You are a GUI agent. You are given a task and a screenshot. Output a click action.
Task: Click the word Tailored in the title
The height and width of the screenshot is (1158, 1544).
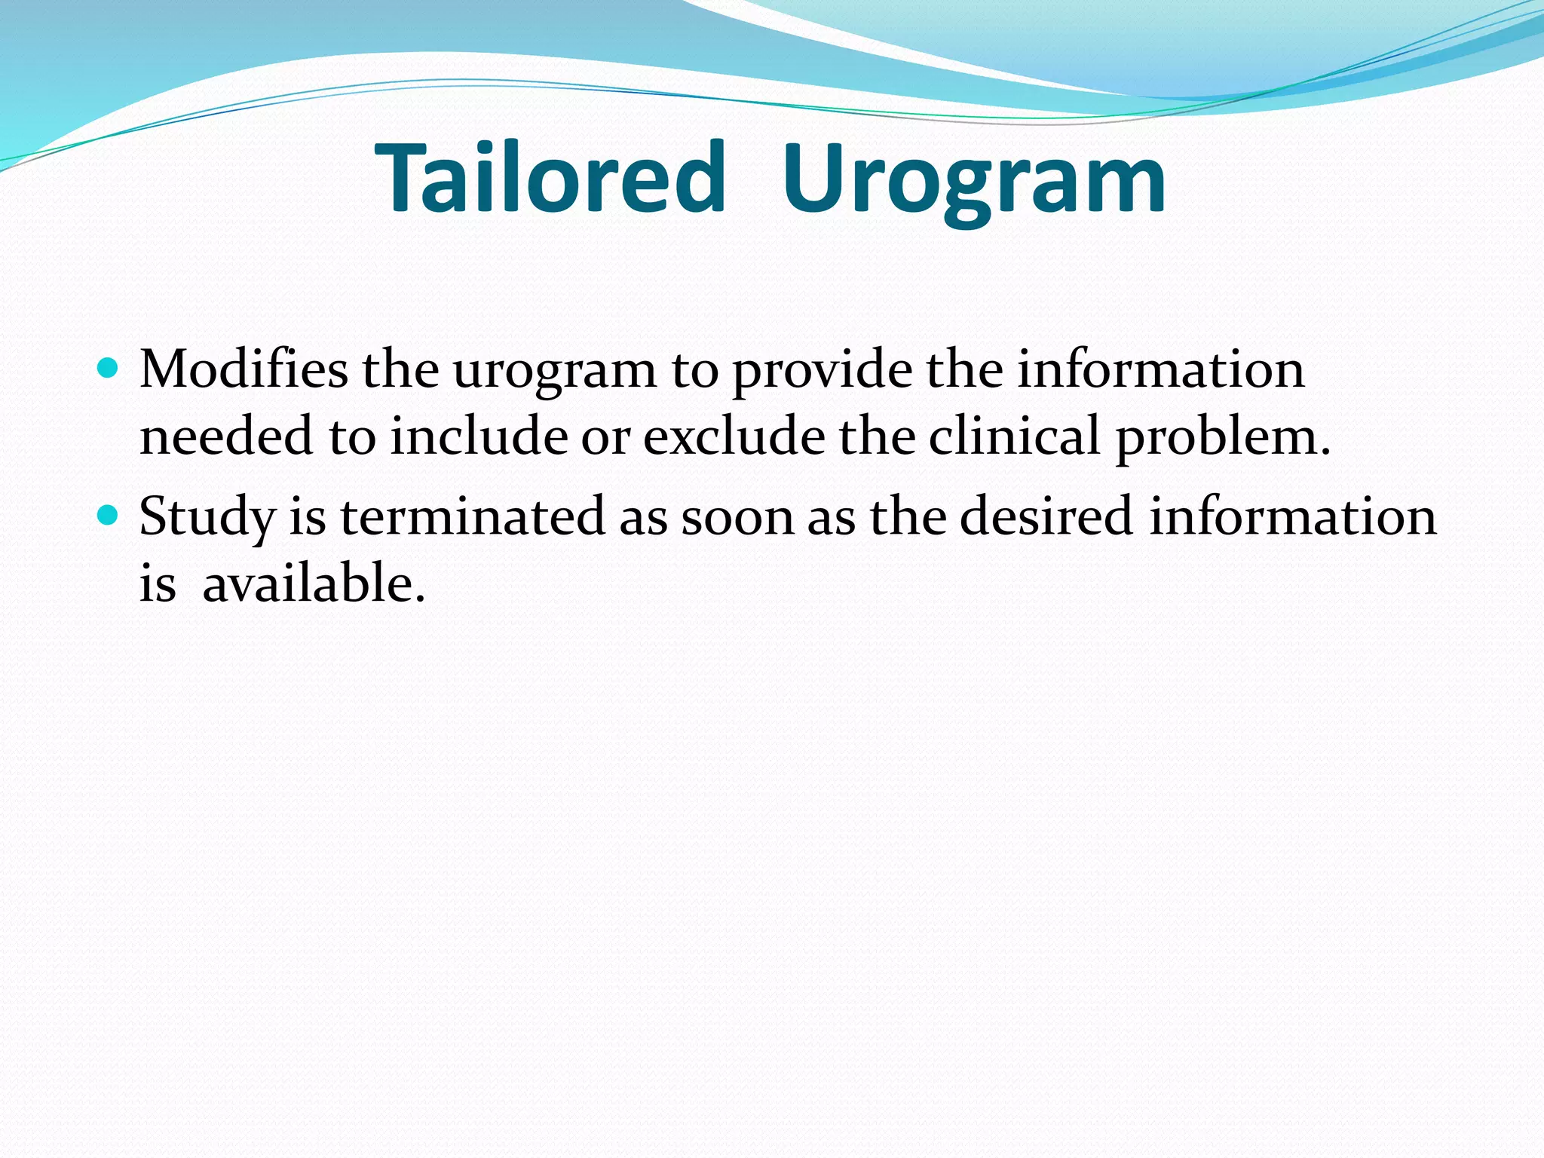tap(550, 178)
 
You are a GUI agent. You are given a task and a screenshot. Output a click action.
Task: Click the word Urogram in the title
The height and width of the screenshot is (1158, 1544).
tap(973, 181)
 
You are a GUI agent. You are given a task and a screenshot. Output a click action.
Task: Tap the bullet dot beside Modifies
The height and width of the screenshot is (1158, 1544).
tap(109, 368)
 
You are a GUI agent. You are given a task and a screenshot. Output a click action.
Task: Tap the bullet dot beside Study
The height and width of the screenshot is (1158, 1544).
tap(109, 515)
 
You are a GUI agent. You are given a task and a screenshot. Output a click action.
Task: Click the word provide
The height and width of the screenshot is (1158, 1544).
tap(821, 371)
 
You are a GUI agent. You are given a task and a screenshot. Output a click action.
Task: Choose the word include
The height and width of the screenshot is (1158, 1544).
tap(478, 437)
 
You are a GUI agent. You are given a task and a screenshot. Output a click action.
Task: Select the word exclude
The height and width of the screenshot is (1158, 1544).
tap(734, 437)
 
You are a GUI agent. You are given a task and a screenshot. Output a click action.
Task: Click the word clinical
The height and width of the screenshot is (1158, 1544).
tap(1014, 437)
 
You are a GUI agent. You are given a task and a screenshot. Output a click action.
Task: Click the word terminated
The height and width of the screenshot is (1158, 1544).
tap(473, 517)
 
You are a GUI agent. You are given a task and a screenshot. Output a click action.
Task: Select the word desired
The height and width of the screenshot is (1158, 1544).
tap(1046, 517)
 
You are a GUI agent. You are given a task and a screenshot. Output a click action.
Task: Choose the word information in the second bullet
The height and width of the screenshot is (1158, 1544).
tap(1292, 517)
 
